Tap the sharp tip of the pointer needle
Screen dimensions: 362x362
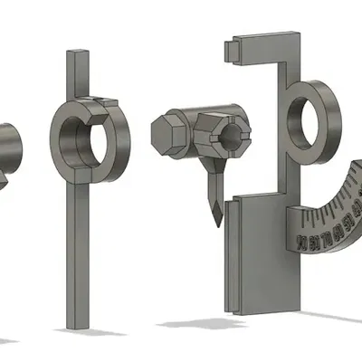pyautogui.click(x=214, y=224)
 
